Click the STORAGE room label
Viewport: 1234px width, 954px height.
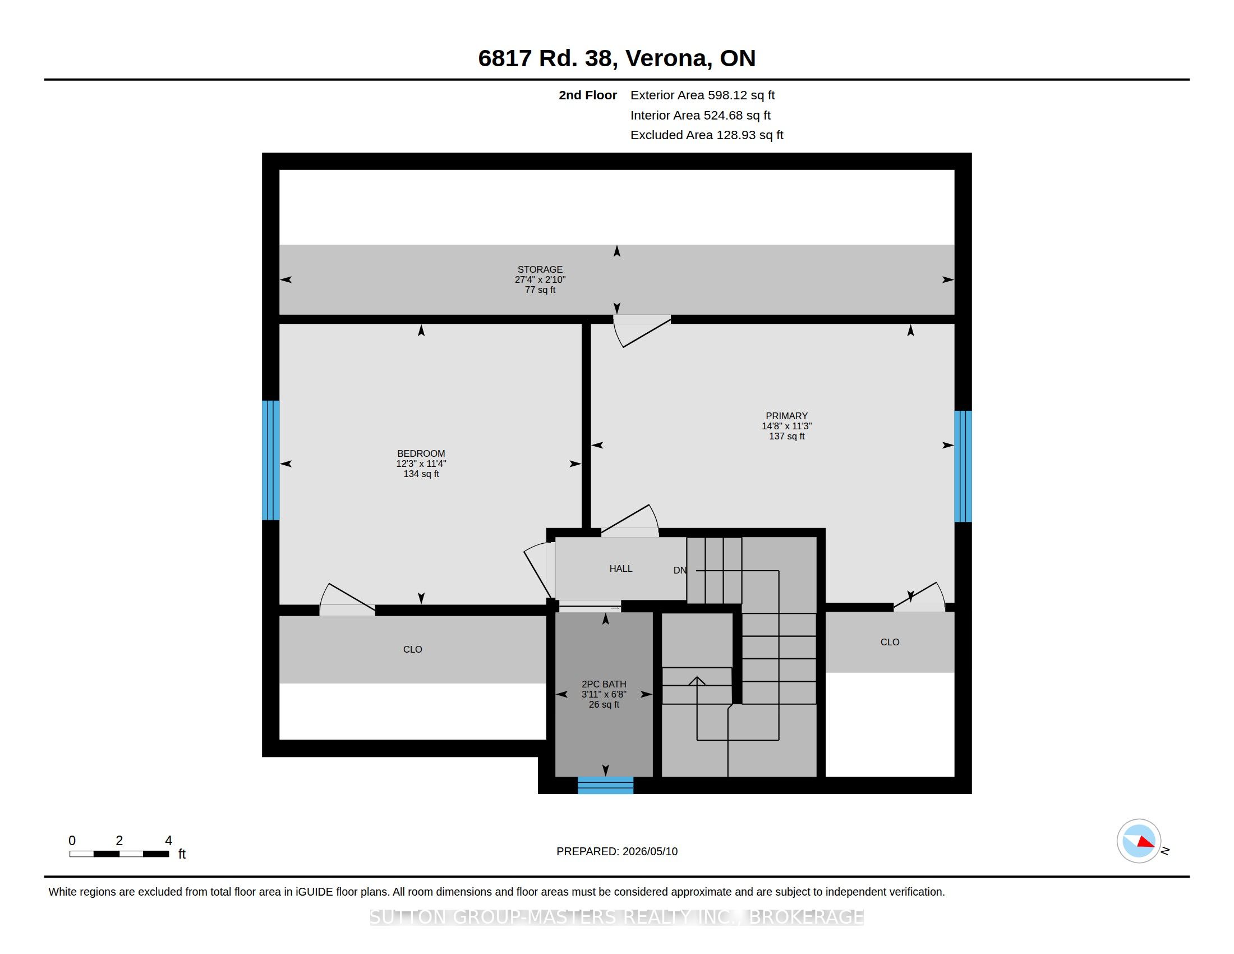(x=540, y=269)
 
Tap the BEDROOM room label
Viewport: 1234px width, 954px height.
(x=421, y=453)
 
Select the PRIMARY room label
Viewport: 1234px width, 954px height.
(x=786, y=416)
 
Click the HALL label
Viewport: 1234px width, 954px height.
(x=620, y=568)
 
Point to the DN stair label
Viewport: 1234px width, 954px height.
(x=680, y=570)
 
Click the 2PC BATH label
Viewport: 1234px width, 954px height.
(x=604, y=684)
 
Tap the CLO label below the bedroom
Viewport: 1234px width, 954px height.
(x=412, y=649)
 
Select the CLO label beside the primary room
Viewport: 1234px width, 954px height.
(x=890, y=642)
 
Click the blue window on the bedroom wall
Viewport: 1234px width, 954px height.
(x=271, y=460)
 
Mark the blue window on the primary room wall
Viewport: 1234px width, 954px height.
(x=963, y=466)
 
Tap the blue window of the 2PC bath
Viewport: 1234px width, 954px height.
(x=605, y=786)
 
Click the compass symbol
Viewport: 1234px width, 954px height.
(x=1139, y=841)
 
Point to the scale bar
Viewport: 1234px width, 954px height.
(x=119, y=854)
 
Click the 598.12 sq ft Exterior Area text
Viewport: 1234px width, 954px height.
(x=742, y=95)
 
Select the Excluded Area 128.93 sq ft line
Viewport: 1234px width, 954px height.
(x=707, y=135)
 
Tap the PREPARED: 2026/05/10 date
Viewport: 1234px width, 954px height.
(x=617, y=851)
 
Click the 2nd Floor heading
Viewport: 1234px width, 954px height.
(x=588, y=95)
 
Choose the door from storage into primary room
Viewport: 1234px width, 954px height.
(x=642, y=331)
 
